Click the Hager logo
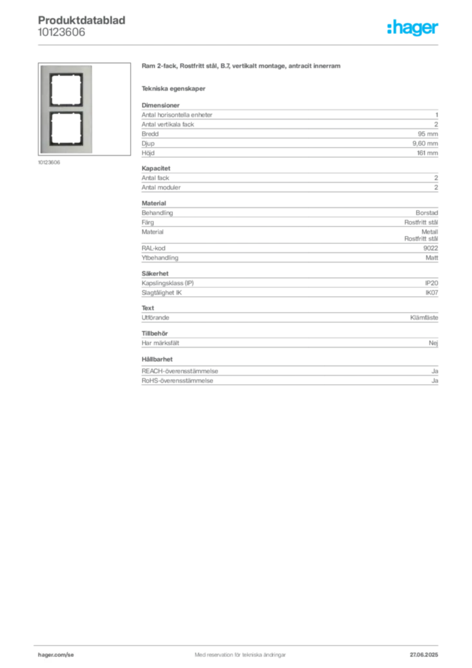[413, 27]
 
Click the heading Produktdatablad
[81, 20]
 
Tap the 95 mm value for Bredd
[428, 134]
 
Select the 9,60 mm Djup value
[425, 144]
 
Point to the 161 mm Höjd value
[427, 153]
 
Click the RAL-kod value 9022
[431, 248]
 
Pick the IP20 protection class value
[432, 283]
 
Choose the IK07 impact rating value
[432, 293]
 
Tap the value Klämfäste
[424, 318]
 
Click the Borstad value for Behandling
[427, 213]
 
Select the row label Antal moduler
[161, 187]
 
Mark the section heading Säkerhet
[155, 273]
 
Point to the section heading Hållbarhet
[157, 359]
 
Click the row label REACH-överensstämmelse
[179, 371]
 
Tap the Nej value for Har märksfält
[434, 343]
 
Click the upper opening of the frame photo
[66, 90]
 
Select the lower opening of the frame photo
[66, 129]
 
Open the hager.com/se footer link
[56, 655]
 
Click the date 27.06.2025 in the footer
[424, 655]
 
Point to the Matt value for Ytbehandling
[432, 258]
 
